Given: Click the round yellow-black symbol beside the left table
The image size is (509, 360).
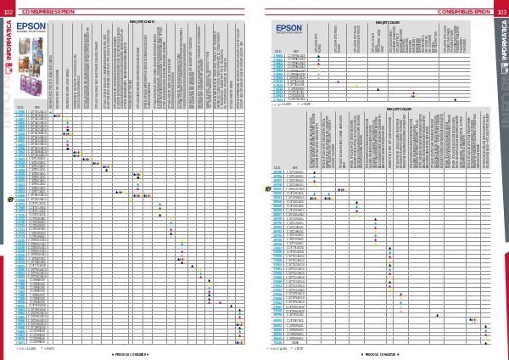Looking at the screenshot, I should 10,199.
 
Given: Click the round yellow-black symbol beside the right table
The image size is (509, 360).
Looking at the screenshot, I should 267,188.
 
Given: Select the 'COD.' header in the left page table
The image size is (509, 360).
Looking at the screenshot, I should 20,108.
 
